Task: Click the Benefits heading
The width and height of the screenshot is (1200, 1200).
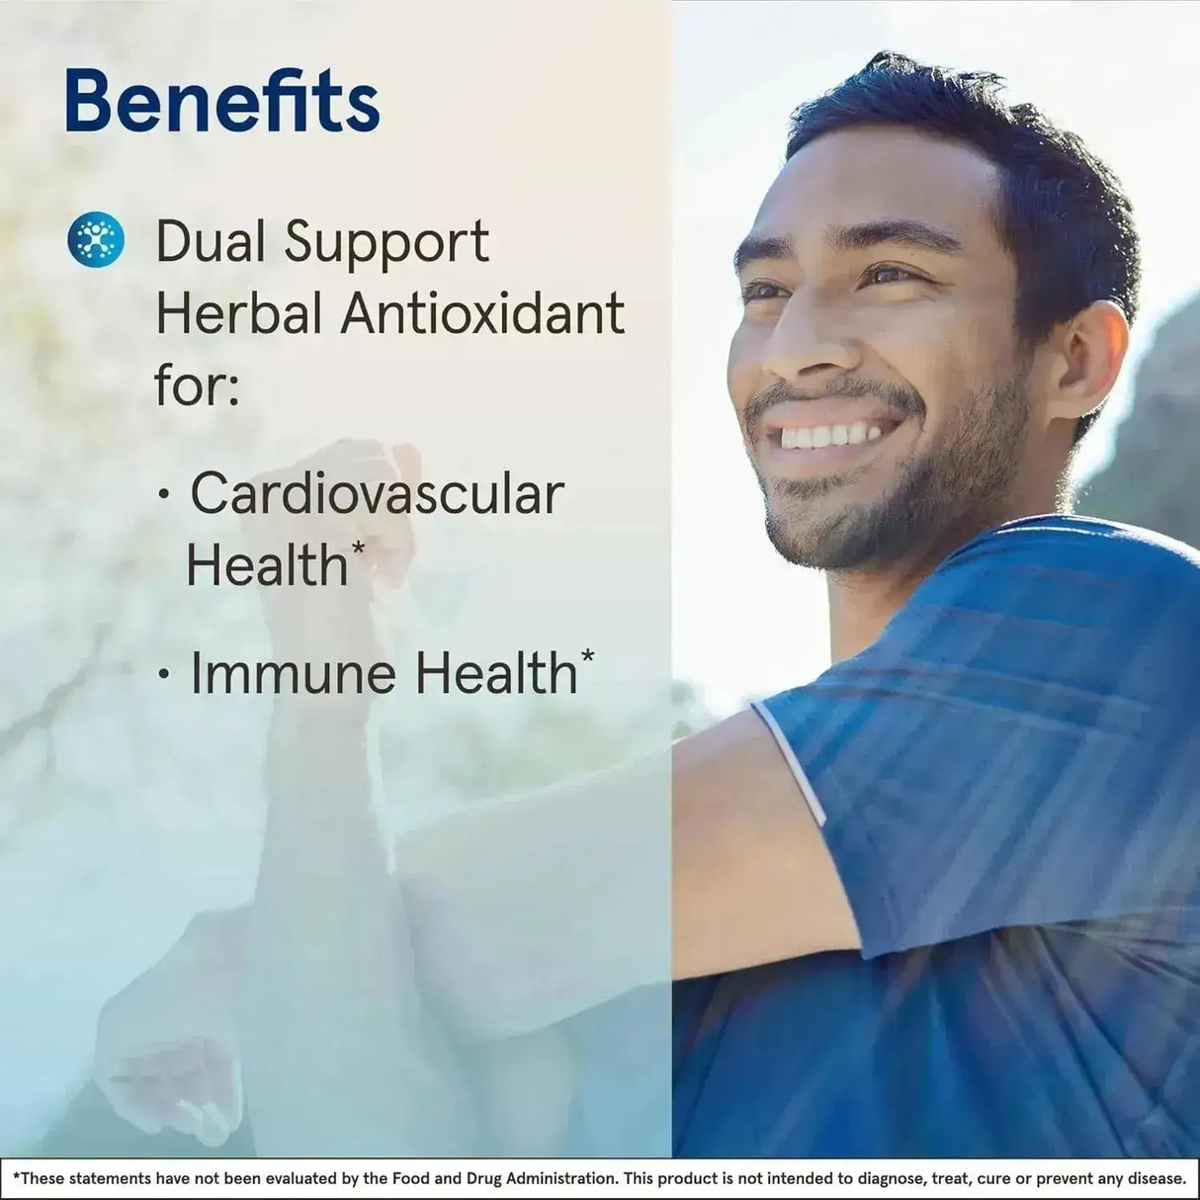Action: tap(222, 102)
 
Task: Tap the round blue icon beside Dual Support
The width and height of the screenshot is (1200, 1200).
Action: tap(96, 239)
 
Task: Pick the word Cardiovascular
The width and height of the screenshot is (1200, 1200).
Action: tap(378, 494)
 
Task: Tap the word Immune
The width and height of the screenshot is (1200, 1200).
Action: tap(293, 673)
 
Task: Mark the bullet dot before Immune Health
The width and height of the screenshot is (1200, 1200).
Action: tap(164, 673)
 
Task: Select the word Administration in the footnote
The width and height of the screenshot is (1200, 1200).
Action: tap(564, 1178)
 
